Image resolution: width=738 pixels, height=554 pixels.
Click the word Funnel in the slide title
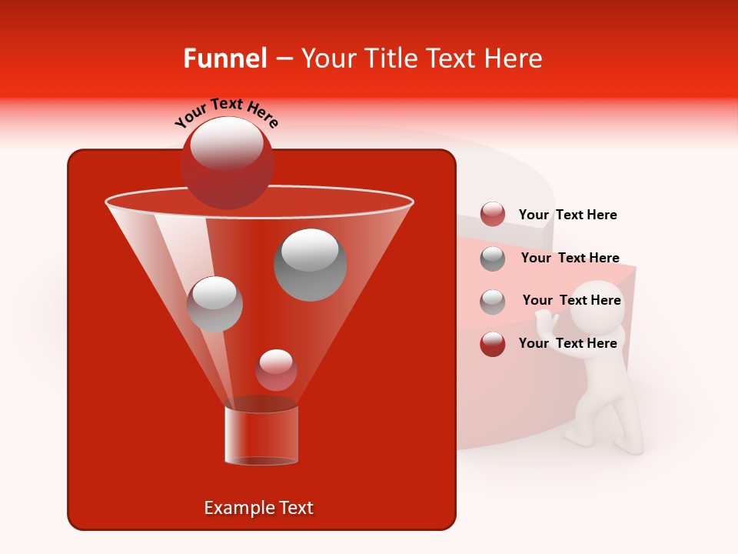pos(225,58)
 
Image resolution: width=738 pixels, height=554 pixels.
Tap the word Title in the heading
pos(389,58)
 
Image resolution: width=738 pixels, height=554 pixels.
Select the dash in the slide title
pos(284,59)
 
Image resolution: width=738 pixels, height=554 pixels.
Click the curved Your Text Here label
pos(226,112)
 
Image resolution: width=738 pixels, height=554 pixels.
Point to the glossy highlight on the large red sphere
pos(226,144)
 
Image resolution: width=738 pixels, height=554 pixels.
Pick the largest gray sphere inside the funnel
pos(311,265)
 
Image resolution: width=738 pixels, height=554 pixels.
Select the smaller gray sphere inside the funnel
pos(214,304)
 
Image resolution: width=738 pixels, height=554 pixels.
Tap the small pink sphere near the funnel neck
pos(276,370)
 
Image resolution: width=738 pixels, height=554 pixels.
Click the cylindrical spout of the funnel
pos(261,435)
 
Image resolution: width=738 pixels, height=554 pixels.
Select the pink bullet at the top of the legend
pos(493,214)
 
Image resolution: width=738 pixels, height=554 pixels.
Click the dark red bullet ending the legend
pos(493,343)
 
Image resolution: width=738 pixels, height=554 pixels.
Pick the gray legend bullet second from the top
pos(493,258)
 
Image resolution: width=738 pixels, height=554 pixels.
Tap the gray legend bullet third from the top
pos(493,301)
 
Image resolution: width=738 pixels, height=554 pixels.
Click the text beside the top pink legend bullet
pos(567,215)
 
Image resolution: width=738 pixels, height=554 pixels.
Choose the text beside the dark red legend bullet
pos(567,343)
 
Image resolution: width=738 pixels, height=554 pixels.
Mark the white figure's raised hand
pos(545,318)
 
